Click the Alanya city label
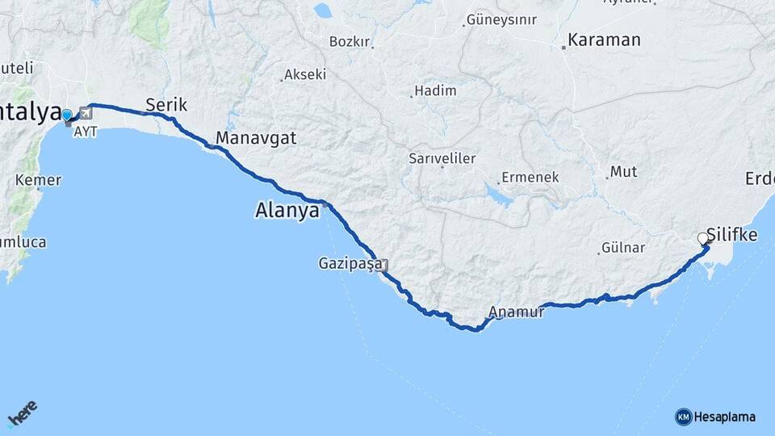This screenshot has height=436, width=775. point(287,211)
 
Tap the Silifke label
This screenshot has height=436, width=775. point(732,235)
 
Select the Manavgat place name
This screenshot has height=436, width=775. point(256,138)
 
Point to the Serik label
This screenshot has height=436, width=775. point(166,104)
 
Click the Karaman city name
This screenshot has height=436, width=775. point(604,40)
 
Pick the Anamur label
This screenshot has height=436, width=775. point(517,312)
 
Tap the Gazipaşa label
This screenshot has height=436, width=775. point(350,263)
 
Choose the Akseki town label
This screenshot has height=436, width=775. point(306,74)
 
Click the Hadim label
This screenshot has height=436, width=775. point(435,90)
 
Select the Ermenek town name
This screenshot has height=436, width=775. point(530,177)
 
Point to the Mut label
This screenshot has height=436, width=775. point(623,171)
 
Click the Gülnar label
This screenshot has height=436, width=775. point(622,248)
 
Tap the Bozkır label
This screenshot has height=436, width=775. point(350,41)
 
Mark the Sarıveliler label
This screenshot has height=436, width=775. point(442,158)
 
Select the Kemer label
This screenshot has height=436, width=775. point(38,180)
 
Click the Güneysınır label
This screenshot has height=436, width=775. point(501,19)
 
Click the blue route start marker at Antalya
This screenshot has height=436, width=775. point(67,116)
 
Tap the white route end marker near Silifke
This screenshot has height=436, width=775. point(702,238)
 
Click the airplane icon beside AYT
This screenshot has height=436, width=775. point(86,113)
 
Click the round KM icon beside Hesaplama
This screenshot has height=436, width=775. point(684,417)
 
